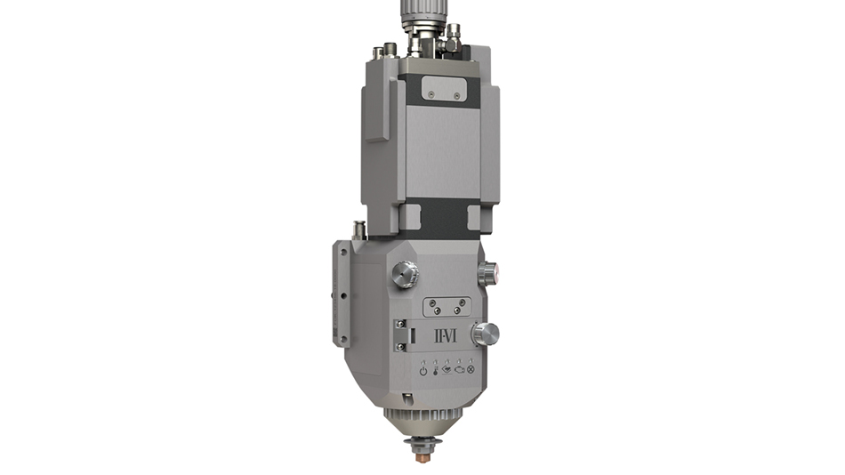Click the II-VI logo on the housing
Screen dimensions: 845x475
click(445, 336)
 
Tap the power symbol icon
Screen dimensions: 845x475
click(423, 371)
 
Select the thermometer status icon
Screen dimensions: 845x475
click(436, 371)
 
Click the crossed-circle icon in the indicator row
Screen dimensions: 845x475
click(471, 369)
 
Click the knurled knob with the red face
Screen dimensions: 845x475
click(487, 273)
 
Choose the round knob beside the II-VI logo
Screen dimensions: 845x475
click(485, 334)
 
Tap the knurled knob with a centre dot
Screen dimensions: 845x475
click(405, 275)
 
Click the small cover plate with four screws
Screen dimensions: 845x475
click(447, 307)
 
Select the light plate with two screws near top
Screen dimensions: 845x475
click(444, 88)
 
